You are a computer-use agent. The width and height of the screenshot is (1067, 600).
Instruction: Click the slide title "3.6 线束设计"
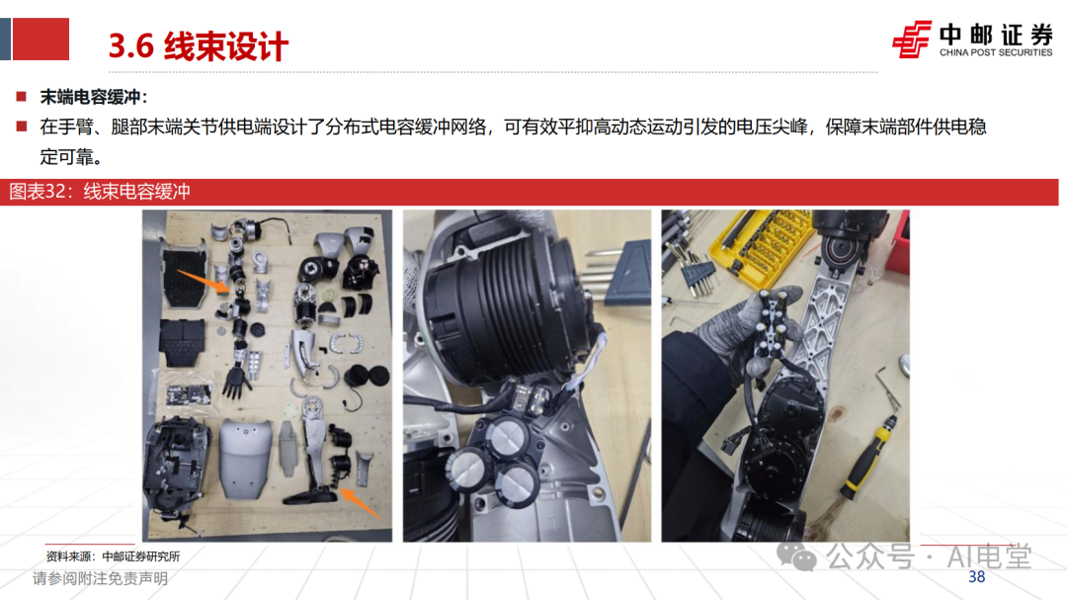[198, 45]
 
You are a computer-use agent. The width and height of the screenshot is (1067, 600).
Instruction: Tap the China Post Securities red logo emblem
[911, 40]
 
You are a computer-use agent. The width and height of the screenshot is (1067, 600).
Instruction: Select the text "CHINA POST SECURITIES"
[996, 52]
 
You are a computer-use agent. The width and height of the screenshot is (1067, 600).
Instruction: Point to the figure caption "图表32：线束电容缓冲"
[100, 192]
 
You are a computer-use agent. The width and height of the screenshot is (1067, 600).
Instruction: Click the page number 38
[976, 577]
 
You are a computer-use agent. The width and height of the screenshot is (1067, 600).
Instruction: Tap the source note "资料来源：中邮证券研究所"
[113, 557]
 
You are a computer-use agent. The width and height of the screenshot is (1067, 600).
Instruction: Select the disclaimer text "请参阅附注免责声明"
[100, 578]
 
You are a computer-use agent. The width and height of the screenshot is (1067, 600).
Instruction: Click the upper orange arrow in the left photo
[203, 281]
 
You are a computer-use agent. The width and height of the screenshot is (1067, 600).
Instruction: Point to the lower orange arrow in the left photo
[360, 502]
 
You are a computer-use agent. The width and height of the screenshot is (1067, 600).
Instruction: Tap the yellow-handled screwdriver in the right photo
[870, 457]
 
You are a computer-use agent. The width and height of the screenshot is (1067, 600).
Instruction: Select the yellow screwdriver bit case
[762, 245]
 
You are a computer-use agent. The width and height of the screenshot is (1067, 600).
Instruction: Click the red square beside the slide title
[41, 39]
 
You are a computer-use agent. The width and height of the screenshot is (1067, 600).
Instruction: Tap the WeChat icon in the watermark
[796, 557]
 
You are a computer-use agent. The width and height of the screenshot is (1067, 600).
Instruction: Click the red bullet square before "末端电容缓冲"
[22, 97]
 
